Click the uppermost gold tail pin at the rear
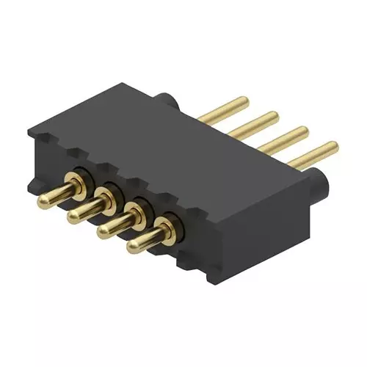coord(228,106)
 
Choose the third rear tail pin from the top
coord(283,137)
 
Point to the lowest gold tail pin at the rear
coord(312,154)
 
